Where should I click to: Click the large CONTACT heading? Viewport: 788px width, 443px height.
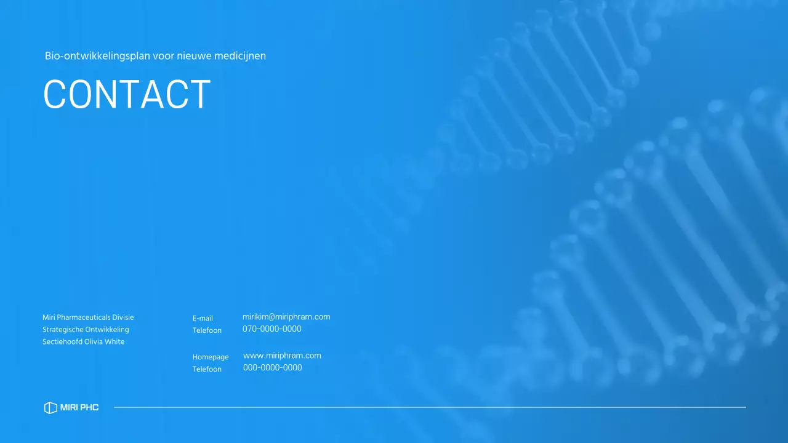pos(127,94)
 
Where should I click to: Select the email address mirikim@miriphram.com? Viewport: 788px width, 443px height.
pos(286,317)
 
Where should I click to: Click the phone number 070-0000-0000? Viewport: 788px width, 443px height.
pos(271,329)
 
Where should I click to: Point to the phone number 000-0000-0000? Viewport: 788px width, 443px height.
pos(272,368)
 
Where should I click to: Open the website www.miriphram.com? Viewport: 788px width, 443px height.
pos(282,356)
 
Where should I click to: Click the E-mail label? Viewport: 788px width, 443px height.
pos(203,319)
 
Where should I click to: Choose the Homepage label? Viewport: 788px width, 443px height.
pos(211,357)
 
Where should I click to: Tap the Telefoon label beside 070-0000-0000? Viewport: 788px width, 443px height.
pos(207,331)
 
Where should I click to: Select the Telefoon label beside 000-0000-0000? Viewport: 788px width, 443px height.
pos(207,370)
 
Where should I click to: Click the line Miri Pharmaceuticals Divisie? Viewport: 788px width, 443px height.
pos(88,317)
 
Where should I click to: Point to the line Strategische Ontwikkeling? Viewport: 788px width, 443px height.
pos(86,330)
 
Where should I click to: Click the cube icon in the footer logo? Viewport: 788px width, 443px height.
pos(50,408)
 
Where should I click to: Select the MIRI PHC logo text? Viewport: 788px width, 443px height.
pos(79,408)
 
